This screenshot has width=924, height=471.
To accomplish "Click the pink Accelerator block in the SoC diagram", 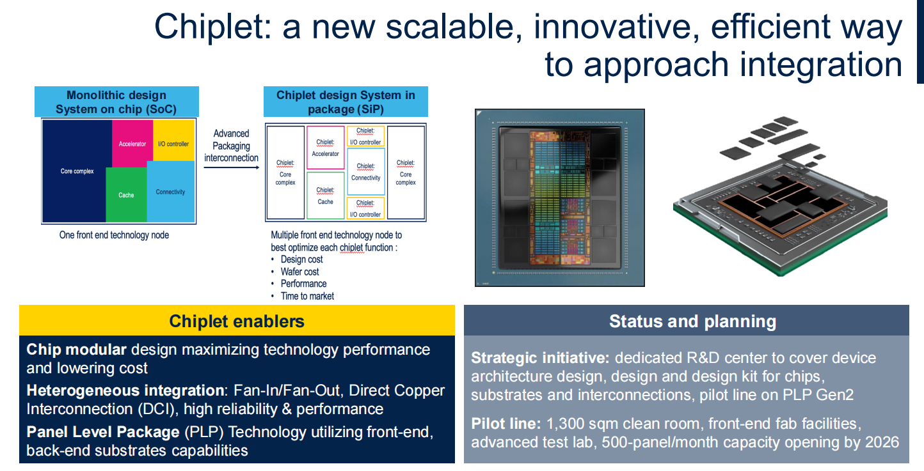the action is coord(132,143).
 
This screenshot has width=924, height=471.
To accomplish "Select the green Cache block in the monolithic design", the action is coord(126,194).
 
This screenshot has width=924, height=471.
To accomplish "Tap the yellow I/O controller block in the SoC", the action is coord(173,140).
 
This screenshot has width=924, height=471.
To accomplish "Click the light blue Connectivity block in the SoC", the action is coord(171,192).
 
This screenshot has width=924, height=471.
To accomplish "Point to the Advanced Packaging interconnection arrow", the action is coord(232,167).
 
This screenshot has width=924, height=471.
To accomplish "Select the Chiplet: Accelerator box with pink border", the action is coord(326,148).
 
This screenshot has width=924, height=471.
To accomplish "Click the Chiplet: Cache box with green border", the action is coord(326,196).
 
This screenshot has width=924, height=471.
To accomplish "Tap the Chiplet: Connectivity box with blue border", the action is coord(366,172).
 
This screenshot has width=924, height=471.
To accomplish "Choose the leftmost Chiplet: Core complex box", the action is coord(285,173).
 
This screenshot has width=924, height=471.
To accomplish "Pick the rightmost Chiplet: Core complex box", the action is coord(406,173).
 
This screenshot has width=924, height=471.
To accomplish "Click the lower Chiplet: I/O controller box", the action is coord(365,208).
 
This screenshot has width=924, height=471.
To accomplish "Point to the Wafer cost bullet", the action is coord(300,272).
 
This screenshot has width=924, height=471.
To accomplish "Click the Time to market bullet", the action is coord(307,297).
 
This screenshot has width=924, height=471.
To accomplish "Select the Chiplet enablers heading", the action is coord(237,321).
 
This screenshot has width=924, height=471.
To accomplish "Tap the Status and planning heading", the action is coord(692,321).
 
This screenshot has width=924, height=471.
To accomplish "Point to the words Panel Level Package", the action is coord(103,432).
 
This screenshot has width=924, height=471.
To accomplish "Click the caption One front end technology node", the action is coord(115,235).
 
